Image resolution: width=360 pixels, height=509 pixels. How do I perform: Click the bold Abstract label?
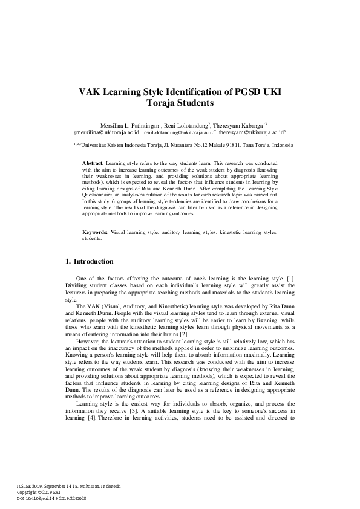tap(93, 163)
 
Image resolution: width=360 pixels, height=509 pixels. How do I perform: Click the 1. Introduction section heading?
tap(89, 262)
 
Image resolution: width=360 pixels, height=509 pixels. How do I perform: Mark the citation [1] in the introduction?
tap(290, 277)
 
